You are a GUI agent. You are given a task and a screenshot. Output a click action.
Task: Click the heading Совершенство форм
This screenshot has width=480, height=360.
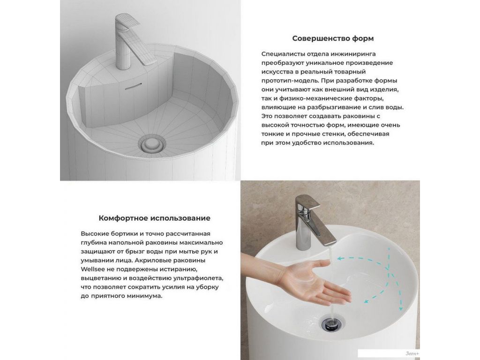click(x=333, y=38)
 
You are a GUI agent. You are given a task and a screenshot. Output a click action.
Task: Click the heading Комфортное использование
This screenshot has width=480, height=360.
click(x=154, y=218)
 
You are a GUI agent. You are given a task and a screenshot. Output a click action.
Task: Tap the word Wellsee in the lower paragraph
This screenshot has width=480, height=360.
click(x=90, y=270)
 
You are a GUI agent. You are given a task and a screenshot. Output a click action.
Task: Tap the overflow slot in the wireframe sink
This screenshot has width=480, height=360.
click(x=133, y=86)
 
